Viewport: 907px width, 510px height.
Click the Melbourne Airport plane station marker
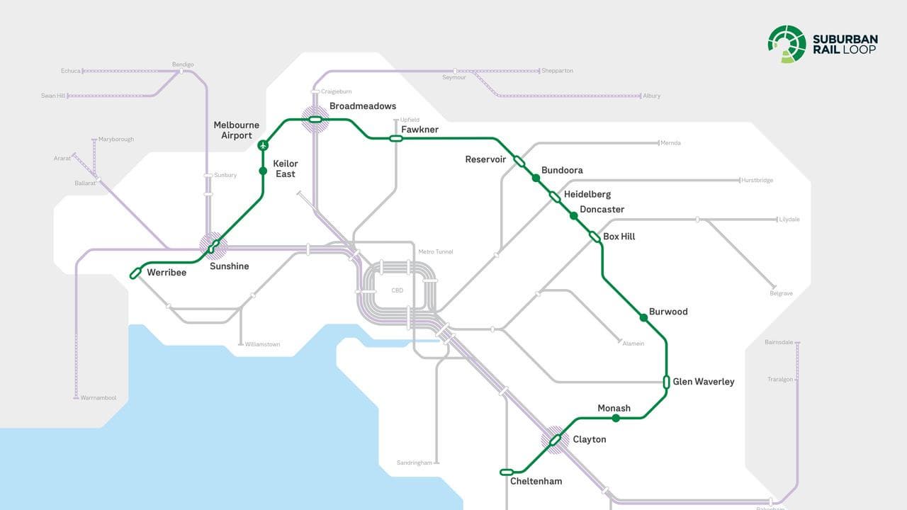263,145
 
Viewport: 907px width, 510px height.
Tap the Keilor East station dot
263,171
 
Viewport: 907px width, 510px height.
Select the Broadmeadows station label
362,106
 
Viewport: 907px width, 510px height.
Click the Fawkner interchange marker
396,138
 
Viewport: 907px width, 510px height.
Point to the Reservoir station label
485,159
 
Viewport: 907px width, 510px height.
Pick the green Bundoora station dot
536,178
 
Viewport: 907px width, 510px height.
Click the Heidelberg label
587,194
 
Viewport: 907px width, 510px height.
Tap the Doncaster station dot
574,215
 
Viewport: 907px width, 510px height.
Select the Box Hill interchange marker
595,237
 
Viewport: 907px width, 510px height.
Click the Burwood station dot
643,318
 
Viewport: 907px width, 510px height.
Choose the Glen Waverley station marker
667,382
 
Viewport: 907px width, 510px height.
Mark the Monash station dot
616,419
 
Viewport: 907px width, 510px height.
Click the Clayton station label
589,439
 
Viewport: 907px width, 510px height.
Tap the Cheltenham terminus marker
507,472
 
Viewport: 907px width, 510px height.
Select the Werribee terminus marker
136,273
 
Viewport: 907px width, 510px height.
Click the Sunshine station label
229,266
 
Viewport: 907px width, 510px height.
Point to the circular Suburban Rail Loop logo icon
787,43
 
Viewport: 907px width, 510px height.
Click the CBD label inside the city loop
397,290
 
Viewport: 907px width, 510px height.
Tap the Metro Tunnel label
435,251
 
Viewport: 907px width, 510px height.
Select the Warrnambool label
98,398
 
